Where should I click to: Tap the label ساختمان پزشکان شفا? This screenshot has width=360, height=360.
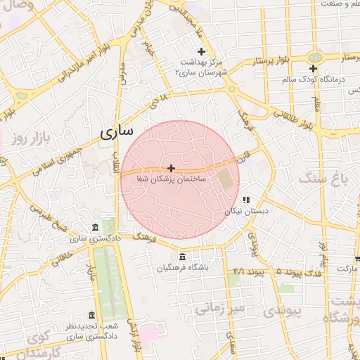(172, 180)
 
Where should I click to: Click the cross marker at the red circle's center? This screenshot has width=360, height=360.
(172, 168)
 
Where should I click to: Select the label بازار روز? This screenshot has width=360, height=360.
(32, 138)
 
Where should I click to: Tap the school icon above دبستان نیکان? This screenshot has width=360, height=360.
(246, 200)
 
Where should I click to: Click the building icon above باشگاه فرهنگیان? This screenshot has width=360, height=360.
(183, 256)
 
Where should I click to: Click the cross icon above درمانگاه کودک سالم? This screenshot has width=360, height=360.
(314, 68)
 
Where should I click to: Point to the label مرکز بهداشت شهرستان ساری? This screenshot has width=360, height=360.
(203, 67)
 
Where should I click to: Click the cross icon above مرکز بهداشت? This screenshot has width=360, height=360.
(202, 51)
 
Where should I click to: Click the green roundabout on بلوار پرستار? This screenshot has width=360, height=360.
(314, 56)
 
